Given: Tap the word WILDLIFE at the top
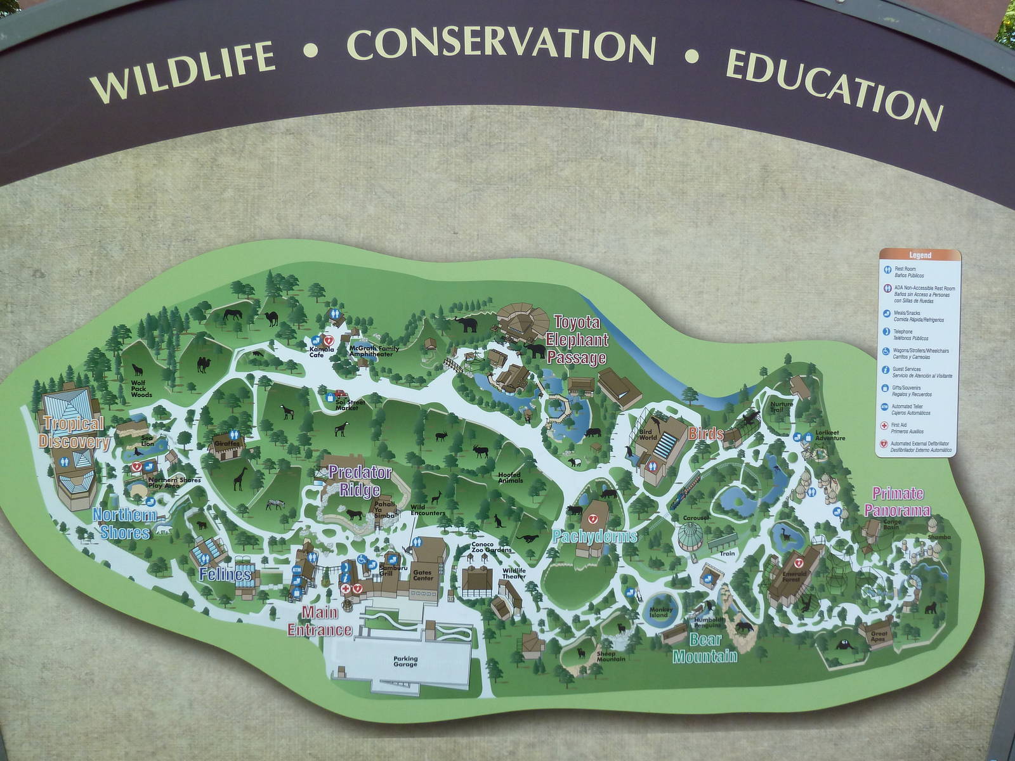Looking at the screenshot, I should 183,70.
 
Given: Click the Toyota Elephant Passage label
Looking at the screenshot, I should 577,340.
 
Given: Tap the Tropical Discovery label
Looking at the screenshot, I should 73,433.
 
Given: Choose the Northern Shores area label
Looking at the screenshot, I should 124,523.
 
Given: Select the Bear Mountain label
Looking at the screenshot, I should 705,647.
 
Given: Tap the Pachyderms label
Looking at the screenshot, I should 594,537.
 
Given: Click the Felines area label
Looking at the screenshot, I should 225,575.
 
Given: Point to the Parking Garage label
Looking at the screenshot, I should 405,661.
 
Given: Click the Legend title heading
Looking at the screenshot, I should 920,256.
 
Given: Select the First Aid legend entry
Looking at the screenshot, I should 899,426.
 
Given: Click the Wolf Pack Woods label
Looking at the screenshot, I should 141,389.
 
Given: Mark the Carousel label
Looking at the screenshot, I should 695,518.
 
